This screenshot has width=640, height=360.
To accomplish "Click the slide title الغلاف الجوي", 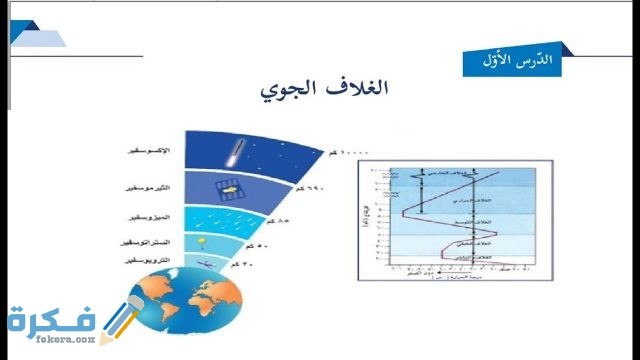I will (323, 90).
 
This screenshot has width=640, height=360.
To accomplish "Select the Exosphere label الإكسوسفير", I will (151, 150).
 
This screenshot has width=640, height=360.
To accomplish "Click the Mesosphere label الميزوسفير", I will (151, 217).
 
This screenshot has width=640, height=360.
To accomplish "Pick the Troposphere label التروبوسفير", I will (150, 260).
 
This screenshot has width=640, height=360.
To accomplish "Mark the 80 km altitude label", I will (279, 219).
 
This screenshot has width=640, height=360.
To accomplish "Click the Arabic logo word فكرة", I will (45, 318).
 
